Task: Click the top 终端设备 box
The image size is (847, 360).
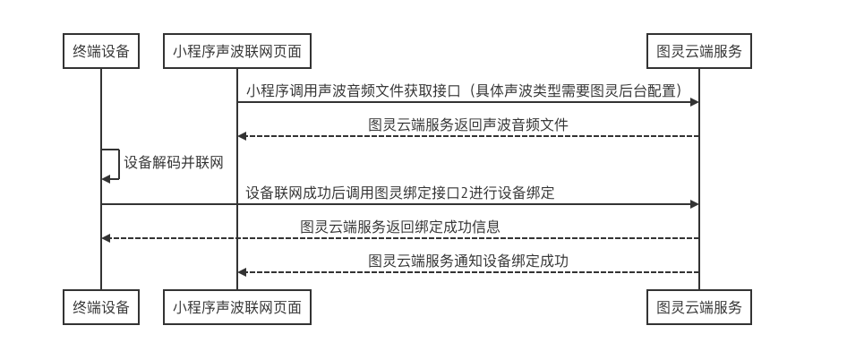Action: click(x=101, y=51)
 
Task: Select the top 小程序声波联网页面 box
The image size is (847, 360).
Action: click(x=237, y=51)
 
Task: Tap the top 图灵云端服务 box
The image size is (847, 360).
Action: click(x=698, y=51)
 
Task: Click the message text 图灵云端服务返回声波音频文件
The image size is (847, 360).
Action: click(x=468, y=125)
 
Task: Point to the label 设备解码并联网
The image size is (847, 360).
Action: click(x=173, y=163)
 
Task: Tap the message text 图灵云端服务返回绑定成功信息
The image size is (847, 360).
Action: click(x=399, y=227)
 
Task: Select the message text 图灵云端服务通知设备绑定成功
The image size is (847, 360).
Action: click(x=468, y=261)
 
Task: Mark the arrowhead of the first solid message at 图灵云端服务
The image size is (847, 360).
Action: click(x=693, y=103)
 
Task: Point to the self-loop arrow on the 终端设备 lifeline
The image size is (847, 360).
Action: click(x=111, y=164)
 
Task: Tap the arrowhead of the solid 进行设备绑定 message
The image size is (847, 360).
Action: click(x=693, y=204)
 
